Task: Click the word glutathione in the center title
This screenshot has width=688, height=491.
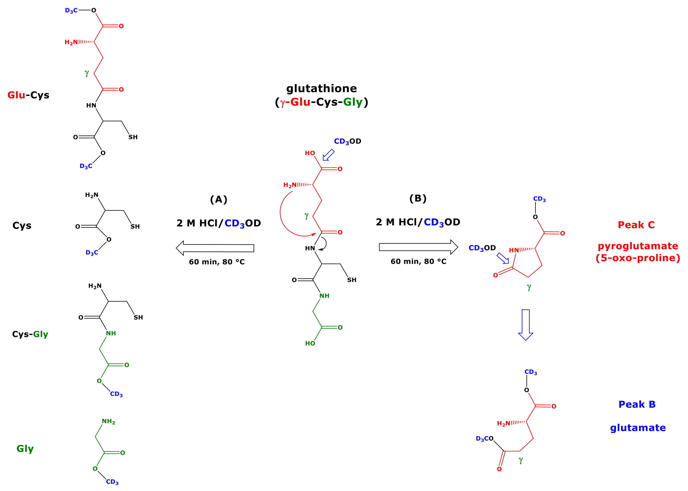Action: pyautogui.click(x=321, y=89)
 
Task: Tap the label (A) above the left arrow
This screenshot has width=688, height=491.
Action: pyautogui.click(x=218, y=200)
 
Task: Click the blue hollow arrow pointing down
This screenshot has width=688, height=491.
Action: pyautogui.click(x=526, y=325)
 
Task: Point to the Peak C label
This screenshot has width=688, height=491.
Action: pyautogui.click(x=636, y=225)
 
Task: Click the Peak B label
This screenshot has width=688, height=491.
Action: pyautogui.click(x=637, y=405)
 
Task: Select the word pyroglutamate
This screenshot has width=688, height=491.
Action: pyautogui.click(x=638, y=246)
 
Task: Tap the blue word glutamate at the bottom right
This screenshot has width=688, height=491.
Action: pyautogui.click(x=638, y=428)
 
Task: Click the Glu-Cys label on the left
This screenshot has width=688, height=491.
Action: pyautogui.click(x=28, y=95)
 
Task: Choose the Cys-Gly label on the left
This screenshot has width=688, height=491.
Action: pyautogui.click(x=30, y=334)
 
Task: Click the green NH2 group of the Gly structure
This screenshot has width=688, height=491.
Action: pyautogui.click(x=108, y=421)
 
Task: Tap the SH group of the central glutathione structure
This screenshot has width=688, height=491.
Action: pyautogui.click(x=352, y=280)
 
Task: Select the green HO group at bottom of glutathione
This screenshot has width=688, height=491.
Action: pyautogui.click(x=310, y=344)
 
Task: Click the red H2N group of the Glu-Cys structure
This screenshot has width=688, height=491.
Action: pyautogui.click(x=71, y=42)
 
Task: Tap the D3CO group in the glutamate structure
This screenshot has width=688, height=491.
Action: pyautogui.click(x=484, y=439)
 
